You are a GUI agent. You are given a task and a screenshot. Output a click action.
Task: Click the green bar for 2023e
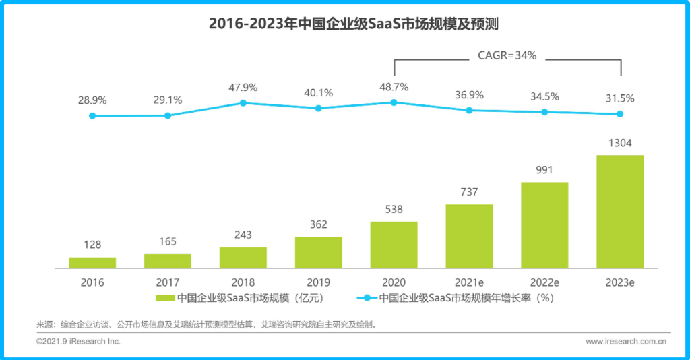620,212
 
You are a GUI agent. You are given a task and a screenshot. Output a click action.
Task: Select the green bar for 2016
92,262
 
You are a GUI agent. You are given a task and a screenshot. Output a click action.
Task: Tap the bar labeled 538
394,245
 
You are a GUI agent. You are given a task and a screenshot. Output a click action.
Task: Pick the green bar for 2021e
469,236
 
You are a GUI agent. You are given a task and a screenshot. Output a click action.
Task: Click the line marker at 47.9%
243,102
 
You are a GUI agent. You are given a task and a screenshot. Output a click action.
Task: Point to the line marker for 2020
394,102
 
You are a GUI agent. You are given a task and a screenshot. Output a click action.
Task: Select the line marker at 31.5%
620,114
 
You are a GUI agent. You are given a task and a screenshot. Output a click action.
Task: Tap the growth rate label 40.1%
318,93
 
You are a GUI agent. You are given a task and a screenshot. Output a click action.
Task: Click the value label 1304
620,143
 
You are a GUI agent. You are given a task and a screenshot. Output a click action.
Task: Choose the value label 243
243,235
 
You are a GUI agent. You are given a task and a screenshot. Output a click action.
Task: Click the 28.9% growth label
92,100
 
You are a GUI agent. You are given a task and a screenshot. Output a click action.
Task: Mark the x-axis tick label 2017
168,282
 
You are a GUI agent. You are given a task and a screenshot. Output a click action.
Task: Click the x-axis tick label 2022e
544,282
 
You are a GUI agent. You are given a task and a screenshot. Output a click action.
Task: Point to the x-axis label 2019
318,282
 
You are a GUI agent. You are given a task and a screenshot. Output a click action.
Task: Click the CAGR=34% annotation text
507,56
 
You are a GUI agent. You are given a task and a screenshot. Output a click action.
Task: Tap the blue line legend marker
367,297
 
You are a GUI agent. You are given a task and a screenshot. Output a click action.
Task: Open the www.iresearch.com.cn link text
626,342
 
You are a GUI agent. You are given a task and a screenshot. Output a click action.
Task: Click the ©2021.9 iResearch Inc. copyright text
78,342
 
